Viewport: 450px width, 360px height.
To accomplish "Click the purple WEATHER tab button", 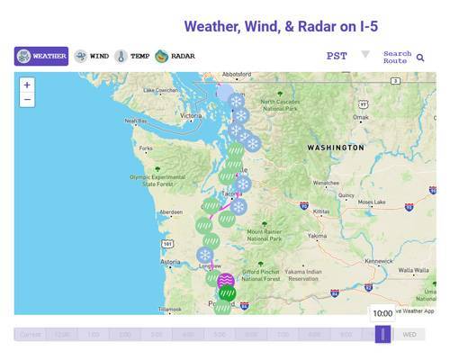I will (41, 56).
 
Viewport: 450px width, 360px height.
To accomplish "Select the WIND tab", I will (92, 56).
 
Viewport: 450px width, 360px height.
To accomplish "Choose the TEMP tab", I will (132, 56).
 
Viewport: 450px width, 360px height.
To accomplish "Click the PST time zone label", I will (337, 56).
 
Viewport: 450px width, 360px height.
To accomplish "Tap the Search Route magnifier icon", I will (420, 58).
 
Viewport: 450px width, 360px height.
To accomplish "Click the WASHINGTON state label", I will (335, 147).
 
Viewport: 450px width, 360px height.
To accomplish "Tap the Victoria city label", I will (191, 116).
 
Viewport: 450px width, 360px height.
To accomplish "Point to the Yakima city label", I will (317, 236).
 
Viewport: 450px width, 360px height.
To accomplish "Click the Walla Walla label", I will (414, 269).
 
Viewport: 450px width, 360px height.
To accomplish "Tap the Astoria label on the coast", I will (170, 262).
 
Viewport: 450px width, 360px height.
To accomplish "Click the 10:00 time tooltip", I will (382, 313).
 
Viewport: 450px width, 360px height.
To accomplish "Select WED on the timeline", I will (409, 334).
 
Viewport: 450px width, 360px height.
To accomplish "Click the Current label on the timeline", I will (31, 335).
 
